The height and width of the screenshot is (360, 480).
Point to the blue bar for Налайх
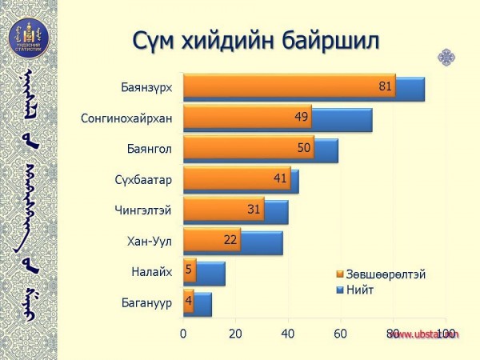(210, 274)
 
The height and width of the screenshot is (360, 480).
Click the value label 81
(386, 86)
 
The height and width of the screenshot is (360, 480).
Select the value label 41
(280, 178)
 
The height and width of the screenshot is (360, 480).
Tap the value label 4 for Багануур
(188, 302)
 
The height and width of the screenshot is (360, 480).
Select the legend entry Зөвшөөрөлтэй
(385, 274)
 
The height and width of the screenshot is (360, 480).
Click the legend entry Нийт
(359, 289)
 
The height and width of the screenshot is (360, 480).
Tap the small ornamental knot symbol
(446, 57)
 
